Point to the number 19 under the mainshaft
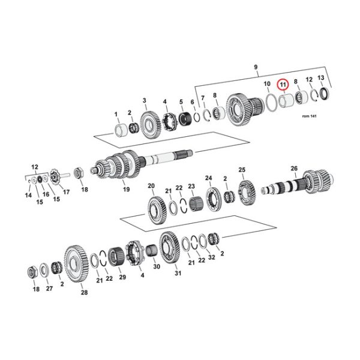[x=127, y=190]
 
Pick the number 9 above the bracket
[x=256, y=67]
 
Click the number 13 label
[x=321, y=79]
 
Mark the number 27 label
[x=50, y=289]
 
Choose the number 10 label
[x=267, y=85]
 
